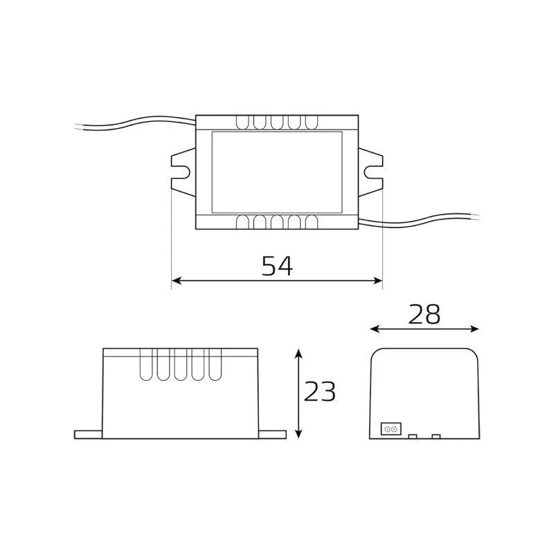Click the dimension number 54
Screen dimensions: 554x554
click(277, 266)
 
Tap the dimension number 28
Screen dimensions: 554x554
click(424, 314)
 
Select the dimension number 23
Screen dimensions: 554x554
click(319, 391)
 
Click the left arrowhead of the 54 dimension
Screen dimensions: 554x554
click(177, 281)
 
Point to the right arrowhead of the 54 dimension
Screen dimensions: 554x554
click(377, 281)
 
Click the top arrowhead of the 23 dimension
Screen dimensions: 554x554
click(299, 354)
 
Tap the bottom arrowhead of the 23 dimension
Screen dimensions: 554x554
click(299, 434)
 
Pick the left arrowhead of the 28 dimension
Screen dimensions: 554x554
click(375, 330)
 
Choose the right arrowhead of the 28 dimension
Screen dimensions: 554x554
click(474, 330)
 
